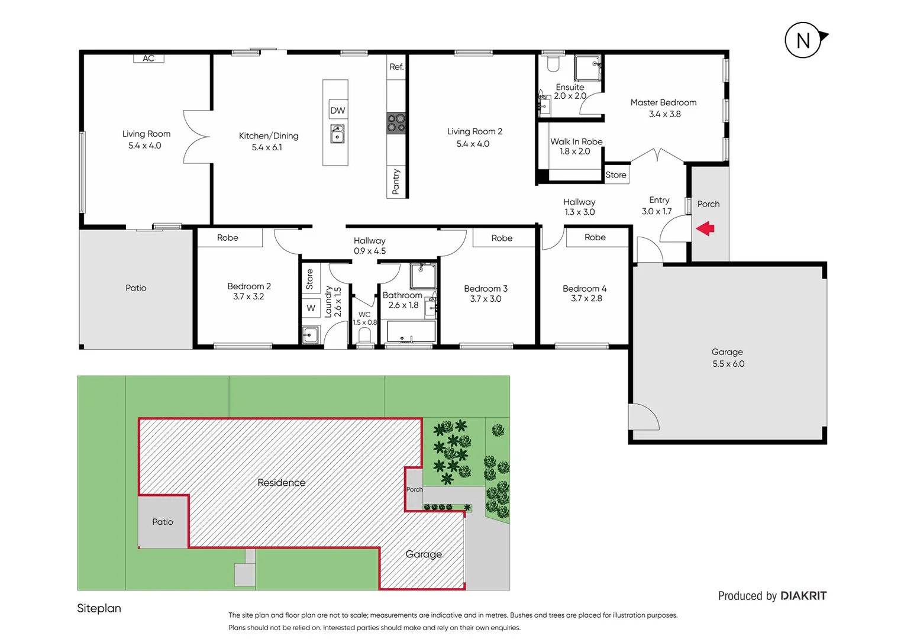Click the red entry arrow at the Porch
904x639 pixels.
(705, 228)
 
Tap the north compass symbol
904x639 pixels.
(803, 41)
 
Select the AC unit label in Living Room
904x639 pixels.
(148, 58)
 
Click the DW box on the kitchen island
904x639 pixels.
(337, 110)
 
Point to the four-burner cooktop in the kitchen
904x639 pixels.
(396, 123)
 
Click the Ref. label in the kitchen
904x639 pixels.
(396, 67)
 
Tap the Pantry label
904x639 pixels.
(396, 182)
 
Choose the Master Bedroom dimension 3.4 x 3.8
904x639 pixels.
(664, 114)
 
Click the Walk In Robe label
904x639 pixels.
(576, 141)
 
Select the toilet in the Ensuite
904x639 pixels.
(553, 63)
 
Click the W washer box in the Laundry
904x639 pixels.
(311, 308)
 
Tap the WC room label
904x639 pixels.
(364, 315)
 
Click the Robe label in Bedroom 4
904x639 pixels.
(595, 237)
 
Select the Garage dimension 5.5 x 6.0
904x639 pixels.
(728, 364)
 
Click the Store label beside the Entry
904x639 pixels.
(615, 175)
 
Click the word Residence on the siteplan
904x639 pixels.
(282, 482)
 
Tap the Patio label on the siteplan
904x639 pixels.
(162, 522)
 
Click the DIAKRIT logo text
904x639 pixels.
(803, 596)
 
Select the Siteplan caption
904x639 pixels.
(99, 608)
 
